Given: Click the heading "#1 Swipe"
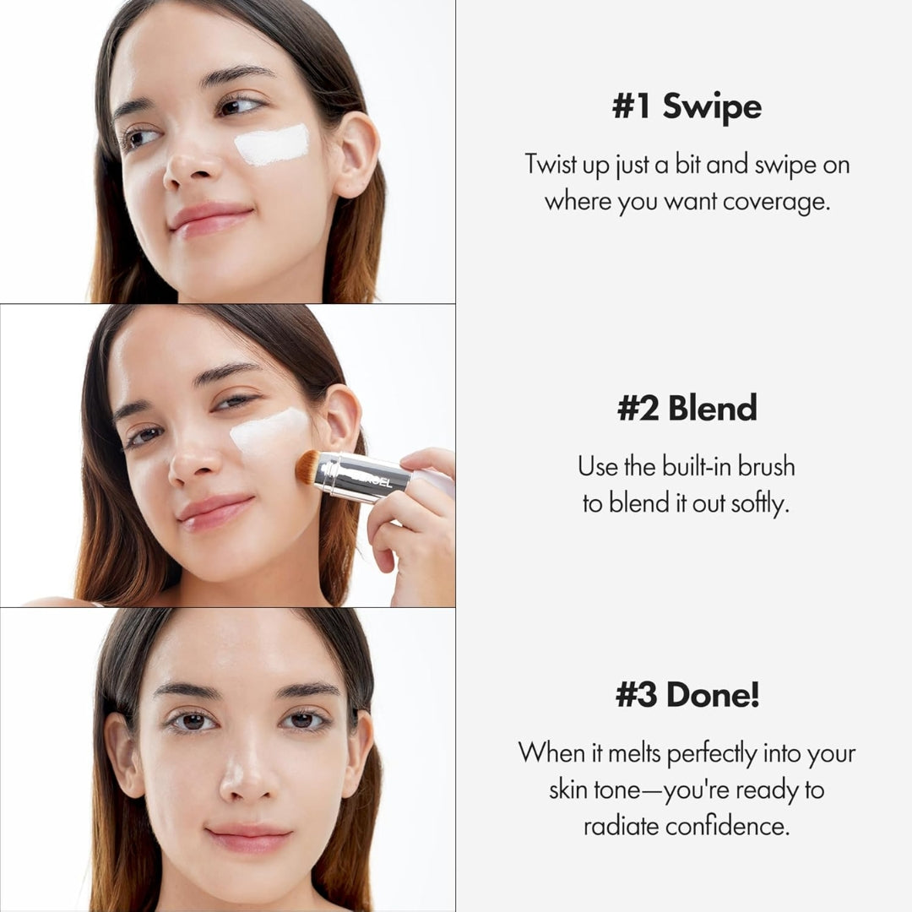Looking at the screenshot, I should coord(686,107).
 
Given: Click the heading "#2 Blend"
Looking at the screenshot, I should coord(686,408).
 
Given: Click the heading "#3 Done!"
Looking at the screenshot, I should coord(686,695).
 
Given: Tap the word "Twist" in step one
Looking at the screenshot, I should coord(551,164).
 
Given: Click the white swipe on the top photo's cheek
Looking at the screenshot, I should coord(271,144).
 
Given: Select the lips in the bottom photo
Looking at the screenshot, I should coord(248,839).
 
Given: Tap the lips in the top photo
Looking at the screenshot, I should coord(210,218).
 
